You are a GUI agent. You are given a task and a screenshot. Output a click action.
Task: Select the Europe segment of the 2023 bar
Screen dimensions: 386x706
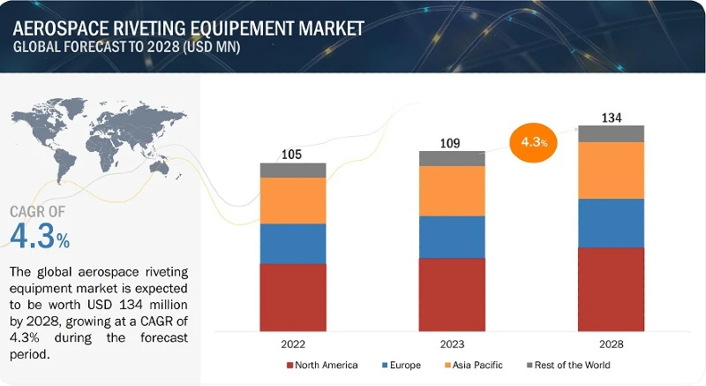point(452,237)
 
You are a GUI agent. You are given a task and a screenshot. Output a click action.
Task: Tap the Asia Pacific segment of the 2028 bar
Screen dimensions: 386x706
point(612,170)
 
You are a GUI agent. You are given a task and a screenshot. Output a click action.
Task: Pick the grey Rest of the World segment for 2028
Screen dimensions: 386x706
point(612,133)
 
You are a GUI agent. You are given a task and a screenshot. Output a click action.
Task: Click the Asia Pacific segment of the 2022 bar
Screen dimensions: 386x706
point(293,201)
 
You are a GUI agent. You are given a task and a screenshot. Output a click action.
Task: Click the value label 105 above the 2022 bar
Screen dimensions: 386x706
point(292,155)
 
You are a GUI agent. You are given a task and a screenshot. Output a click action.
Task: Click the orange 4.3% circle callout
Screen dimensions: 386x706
point(536,141)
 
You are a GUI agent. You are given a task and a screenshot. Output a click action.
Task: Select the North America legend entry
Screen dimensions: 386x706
point(322,365)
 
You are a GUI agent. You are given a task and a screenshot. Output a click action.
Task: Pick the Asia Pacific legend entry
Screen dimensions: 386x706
point(474,365)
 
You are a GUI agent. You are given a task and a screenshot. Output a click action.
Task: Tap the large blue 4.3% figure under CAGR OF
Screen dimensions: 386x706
point(40,238)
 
